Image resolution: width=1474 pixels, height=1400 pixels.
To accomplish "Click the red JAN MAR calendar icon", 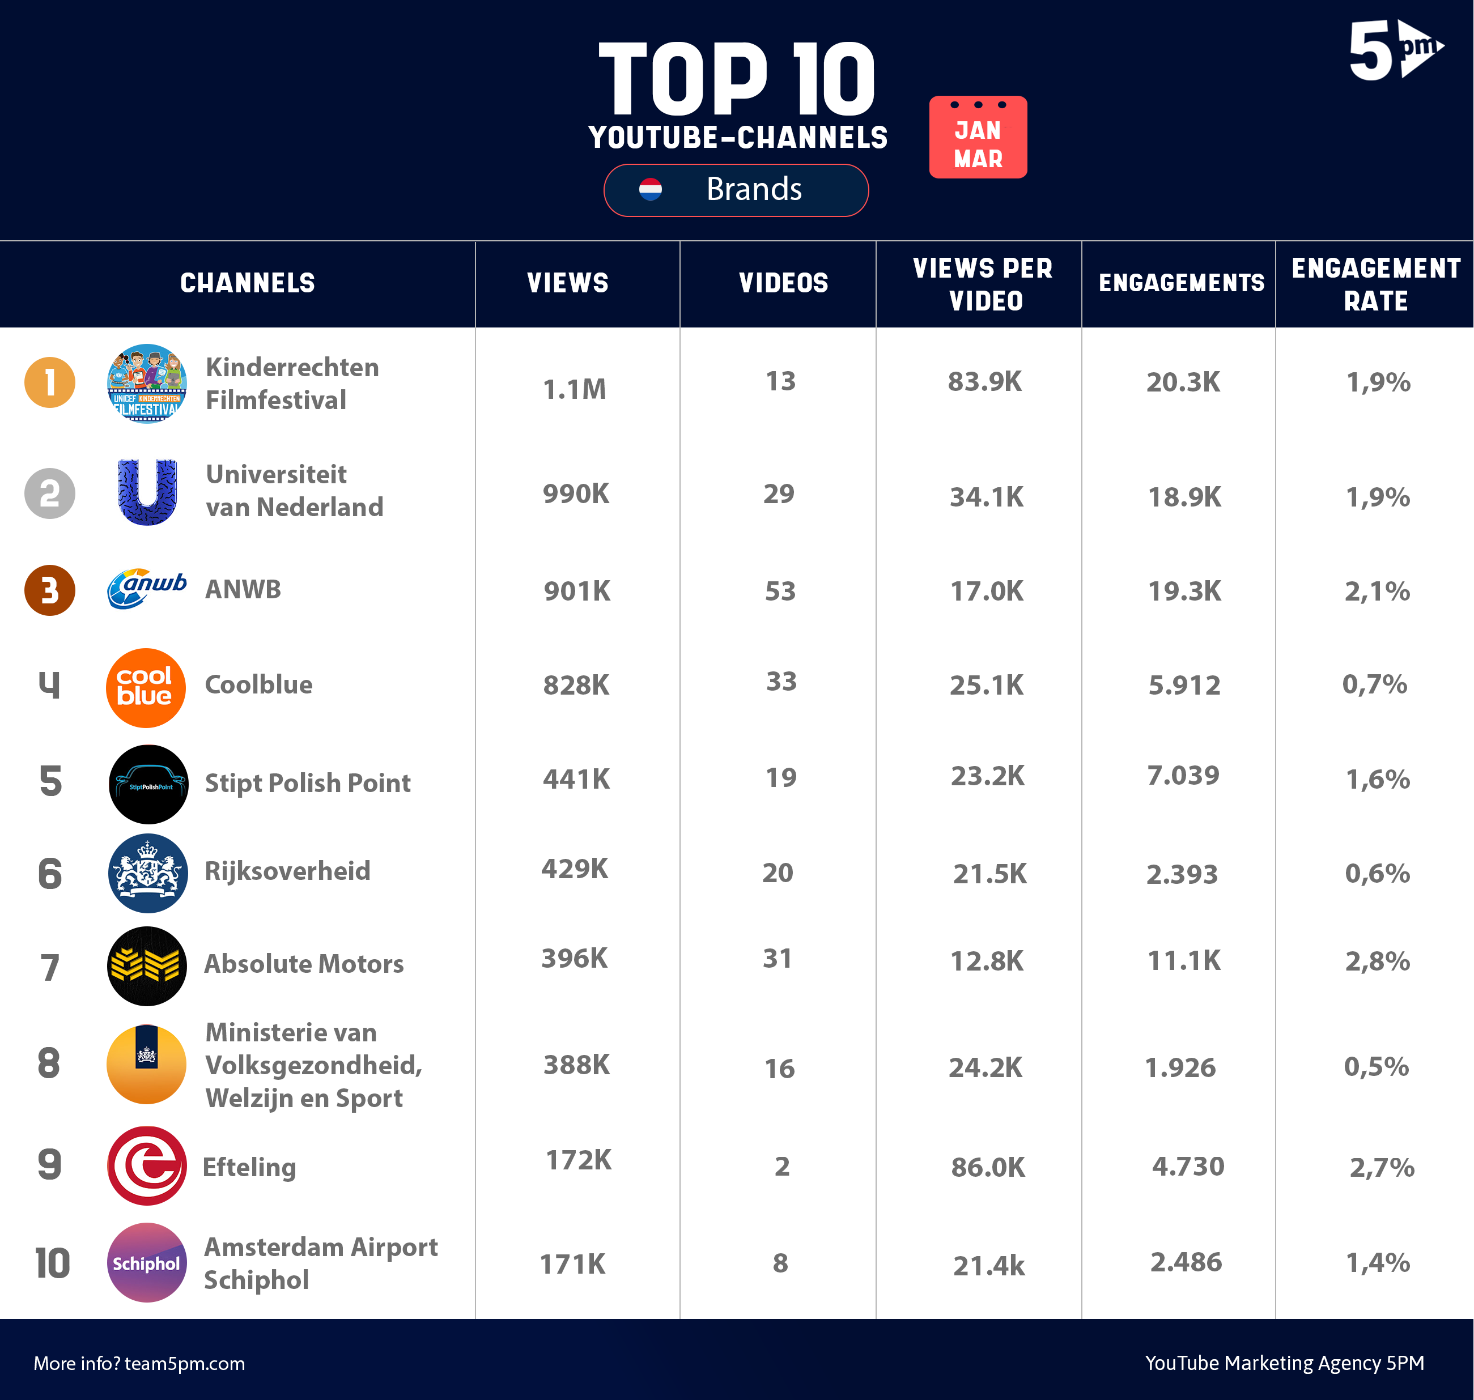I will click(x=978, y=137).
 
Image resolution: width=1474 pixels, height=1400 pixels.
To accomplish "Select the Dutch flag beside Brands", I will click(x=650, y=190).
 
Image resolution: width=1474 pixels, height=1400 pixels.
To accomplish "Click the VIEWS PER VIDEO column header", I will click(x=984, y=284).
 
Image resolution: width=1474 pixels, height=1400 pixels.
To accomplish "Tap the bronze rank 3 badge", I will click(x=50, y=590).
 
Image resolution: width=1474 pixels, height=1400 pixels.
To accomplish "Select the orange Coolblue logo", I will click(x=146, y=687).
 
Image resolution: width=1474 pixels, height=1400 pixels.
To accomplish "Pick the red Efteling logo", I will click(x=146, y=1165).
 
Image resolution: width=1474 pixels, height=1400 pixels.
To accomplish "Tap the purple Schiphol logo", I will click(x=146, y=1263).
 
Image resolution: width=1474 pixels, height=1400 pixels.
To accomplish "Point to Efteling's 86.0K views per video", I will click(x=987, y=1167).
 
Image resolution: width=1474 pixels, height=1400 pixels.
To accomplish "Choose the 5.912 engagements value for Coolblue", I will click(x=1184, y=685).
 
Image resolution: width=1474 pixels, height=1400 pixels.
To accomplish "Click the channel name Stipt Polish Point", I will click(x=308, y=783).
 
